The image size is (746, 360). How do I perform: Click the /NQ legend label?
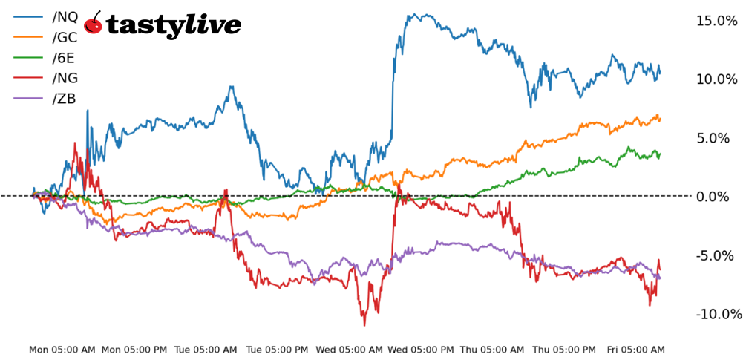[x=65, y=16]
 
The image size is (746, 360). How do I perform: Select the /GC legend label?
[x=65, y=37]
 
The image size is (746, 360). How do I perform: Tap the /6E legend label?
[x=63, y=57]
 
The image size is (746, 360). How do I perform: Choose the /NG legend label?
[x=65, y=78]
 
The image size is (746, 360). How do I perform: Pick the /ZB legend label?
[x=63, y=99]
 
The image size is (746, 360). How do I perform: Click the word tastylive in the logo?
[x=174, y=25]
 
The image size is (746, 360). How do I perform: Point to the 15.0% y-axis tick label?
[x=716, y=21]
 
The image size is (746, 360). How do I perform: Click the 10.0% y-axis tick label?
[x=716, y=79]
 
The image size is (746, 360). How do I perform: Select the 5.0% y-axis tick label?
[x=720, y=138]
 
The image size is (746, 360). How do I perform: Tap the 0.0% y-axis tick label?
[x=720, y=197]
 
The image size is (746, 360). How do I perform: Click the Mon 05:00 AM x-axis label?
[x=62, y=350]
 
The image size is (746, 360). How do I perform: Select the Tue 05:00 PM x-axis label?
[x=278, y=350]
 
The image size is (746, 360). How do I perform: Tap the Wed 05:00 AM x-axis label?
[x=350, y=350]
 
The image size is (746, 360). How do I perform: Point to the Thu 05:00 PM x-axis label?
[x=565, y=350]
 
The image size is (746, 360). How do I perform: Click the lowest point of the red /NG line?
[x=364, y=324]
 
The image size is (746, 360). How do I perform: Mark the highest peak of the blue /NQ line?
[x=413, y=13]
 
